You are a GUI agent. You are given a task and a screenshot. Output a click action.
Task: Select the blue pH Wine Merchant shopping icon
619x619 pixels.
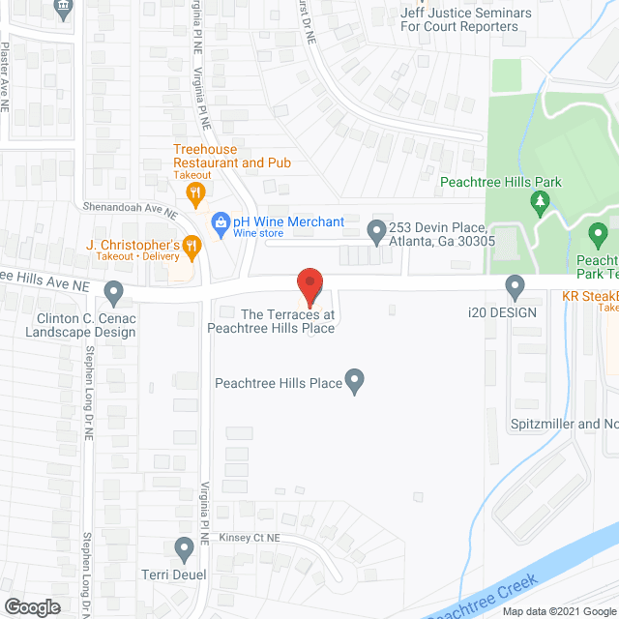tap(221, 222)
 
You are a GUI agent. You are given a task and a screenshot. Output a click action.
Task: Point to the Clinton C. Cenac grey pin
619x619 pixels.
tap(114, 290)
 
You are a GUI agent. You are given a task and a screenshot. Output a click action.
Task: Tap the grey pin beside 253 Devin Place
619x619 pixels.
tap(376, 230)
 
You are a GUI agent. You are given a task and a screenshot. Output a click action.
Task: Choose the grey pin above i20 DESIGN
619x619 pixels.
tap(516, 285)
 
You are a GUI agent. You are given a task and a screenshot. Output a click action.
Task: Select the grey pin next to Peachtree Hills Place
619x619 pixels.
tap(355, 382)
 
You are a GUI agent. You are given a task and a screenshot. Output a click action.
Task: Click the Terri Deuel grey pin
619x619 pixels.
tap(184, 548)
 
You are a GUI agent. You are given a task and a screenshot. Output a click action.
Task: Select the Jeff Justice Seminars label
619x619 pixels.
tap(467, 18)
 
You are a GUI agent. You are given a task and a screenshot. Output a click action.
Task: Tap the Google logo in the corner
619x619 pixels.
tap(31, 606)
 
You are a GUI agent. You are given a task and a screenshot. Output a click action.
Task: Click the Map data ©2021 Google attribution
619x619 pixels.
tap(558, 611)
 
